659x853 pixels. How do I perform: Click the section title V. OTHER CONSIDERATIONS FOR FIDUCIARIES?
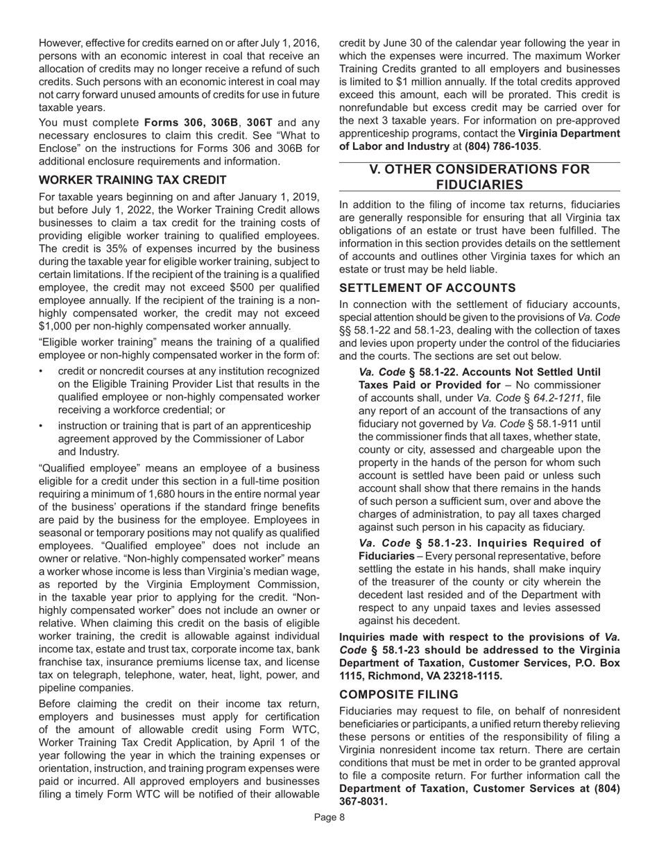click(479, 177)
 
